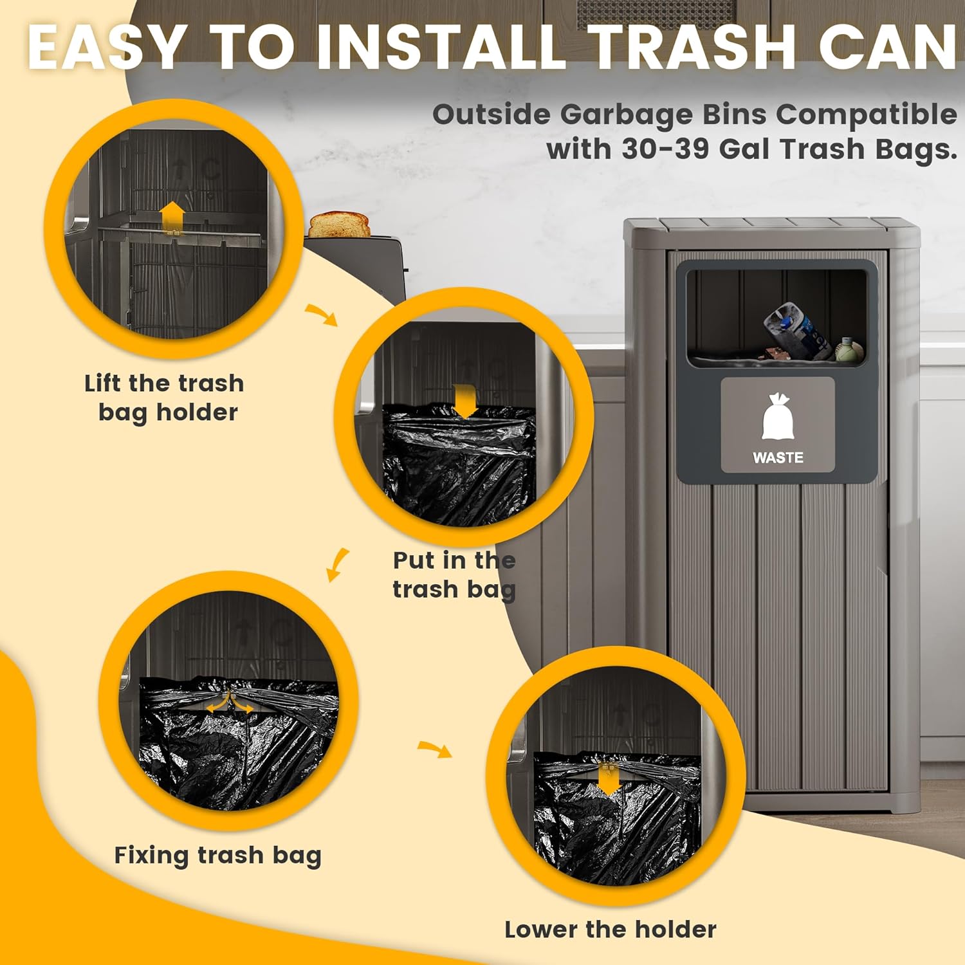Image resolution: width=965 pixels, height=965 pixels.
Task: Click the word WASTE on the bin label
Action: tap(778, 457)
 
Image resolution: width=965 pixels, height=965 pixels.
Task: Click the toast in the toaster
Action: tap(339, 225)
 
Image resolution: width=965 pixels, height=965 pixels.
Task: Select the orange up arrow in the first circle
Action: tap(172, 216)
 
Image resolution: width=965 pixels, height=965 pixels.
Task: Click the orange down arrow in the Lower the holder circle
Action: tap(609, 778)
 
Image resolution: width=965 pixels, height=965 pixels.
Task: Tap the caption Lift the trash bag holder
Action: tap(165, 398)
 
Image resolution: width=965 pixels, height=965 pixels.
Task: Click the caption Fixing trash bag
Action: tap(217, 856)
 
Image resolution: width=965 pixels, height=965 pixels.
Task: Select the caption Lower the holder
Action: tap(610, 930)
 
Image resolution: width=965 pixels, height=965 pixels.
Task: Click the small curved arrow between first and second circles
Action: tap(321, 315)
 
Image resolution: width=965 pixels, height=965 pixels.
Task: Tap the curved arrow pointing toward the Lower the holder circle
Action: tap(435, 749)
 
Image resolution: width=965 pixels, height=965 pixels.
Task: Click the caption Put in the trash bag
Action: tap(454, 574)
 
